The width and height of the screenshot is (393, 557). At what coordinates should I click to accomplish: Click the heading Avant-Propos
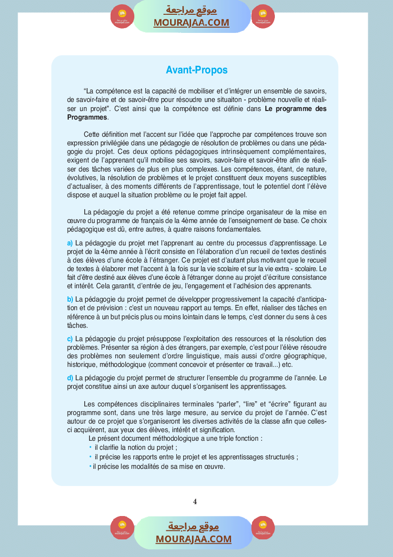(197, 70)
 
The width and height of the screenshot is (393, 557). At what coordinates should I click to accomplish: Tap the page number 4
(195, 501)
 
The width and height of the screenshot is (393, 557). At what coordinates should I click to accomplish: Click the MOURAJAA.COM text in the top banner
(191, 22)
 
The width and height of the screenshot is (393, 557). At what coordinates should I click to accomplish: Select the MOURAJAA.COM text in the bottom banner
(193, 539)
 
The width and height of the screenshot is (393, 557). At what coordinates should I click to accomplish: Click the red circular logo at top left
(122, 17)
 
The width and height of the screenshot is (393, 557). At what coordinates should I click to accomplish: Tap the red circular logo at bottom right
(263, 528)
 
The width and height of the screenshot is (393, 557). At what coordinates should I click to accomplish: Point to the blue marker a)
(70, 243)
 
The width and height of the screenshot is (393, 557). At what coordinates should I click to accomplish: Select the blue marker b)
(70, 299)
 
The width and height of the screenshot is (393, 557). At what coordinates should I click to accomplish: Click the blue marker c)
(70, 339)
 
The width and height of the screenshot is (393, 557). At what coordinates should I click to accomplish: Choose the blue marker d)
(70, 378)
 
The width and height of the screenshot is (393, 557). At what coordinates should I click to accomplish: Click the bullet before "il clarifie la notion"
(91, 447)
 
